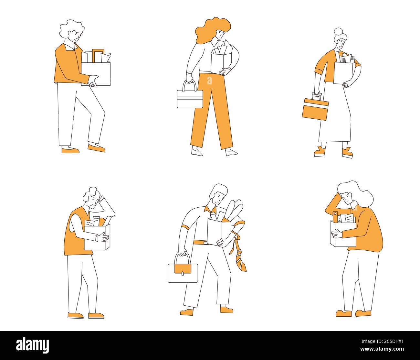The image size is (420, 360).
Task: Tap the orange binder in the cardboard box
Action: pyautogui.click(x=335, y=217)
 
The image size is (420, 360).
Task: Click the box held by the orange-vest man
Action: pyautogui.click(x=97, y=237)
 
